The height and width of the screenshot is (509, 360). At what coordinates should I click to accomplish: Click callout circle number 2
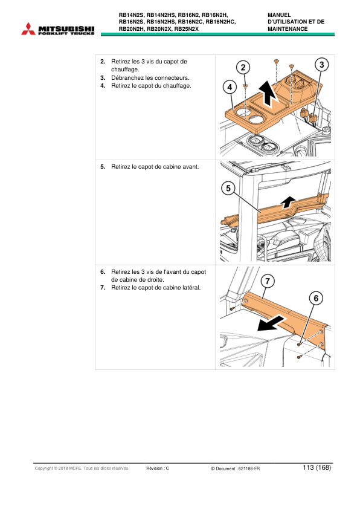click(243, 66)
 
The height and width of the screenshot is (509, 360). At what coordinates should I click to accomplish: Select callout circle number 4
click(230, 88)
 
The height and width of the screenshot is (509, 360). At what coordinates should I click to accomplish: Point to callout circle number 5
click(228, 189)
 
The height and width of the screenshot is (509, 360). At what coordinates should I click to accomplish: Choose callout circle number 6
click(315, 297)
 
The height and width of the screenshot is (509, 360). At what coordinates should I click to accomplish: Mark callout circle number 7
click(267, 281)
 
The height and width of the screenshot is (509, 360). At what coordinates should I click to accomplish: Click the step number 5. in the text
click(103, 166)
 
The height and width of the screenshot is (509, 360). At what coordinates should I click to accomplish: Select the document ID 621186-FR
click(248, 468)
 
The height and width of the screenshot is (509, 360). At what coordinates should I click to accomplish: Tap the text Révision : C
click(158, 468)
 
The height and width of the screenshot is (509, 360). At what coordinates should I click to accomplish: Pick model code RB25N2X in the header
click(190, 28)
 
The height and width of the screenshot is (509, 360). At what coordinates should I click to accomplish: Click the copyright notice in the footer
click(82, 468)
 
